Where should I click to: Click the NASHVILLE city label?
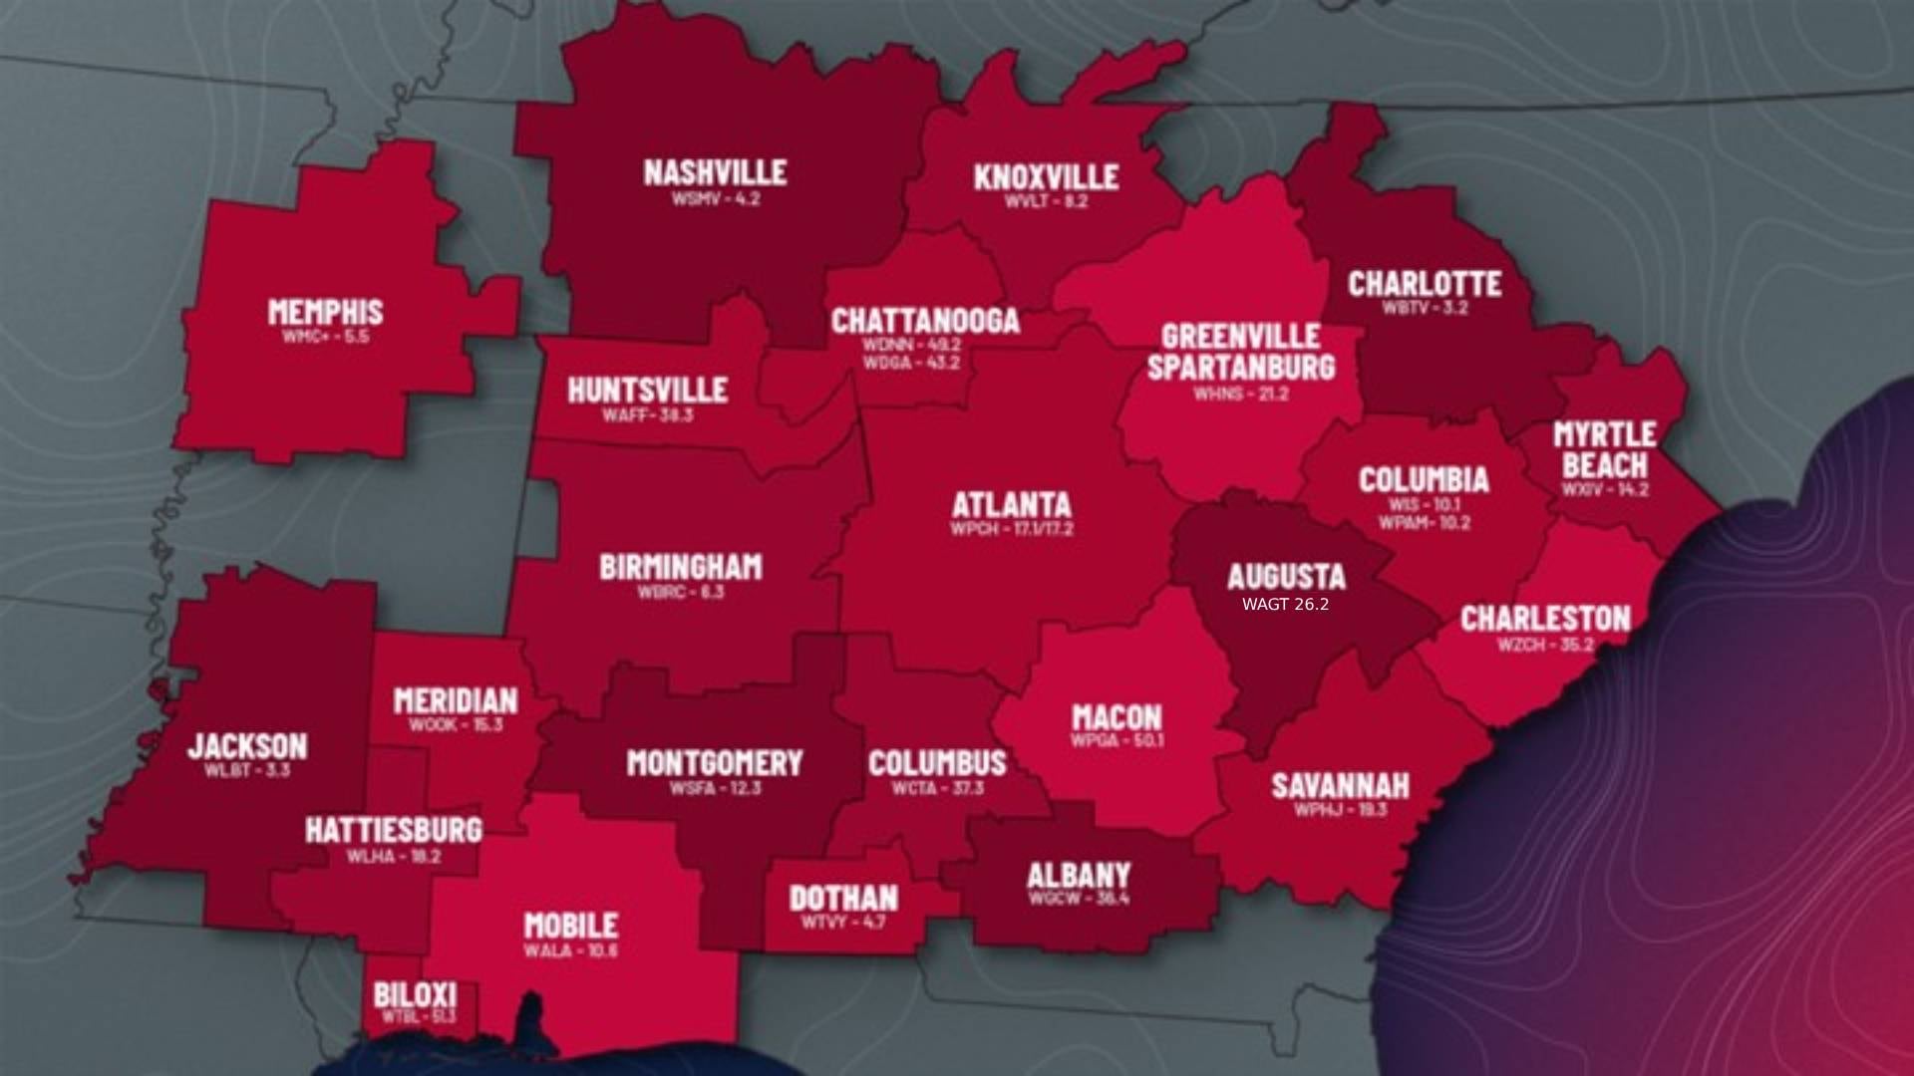pyautogui.click(x=715, y=172)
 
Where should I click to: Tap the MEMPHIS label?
pyautogui.click(x=325, y=312)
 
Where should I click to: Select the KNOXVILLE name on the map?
pyautogui.click(x=1046, y=177)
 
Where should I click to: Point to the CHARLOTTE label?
pyautogui.click(x=1425, y=284)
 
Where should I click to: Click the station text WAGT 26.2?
pyautogui.click(x=1285, y=605)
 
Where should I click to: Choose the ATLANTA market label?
pyautogui.click(x=1011, y=504)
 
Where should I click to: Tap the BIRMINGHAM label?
pyautogui.click(x=681, y=567)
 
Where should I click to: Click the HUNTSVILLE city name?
pyautogui.click(x=648, y=390)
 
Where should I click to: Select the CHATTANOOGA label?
pyautogui.click(x=925, y=321)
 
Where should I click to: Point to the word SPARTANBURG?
pyautogui.click(x=1240, y=367)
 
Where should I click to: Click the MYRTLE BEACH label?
pyautogui.click(x=1604, y=449)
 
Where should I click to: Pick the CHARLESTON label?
pyautogui.click(x=1545, y=619)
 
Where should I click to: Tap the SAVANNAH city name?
pyautogui.click(x=1340, y=786)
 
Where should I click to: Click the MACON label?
pyautogui.click(x=1116, y=716)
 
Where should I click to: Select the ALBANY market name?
pyautogui.click(x=1079, y=876)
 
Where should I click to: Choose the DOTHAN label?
pyautogui.click(x=843, y=898)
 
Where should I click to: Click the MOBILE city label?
pyautogui.click(x=571, y=926)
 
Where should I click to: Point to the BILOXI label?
pyautogui.click(x=416, y=994)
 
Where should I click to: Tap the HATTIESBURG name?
pyautogui.click(x=394, y=830)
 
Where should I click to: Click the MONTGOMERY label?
pyautogui.click(x=714, y=763)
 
